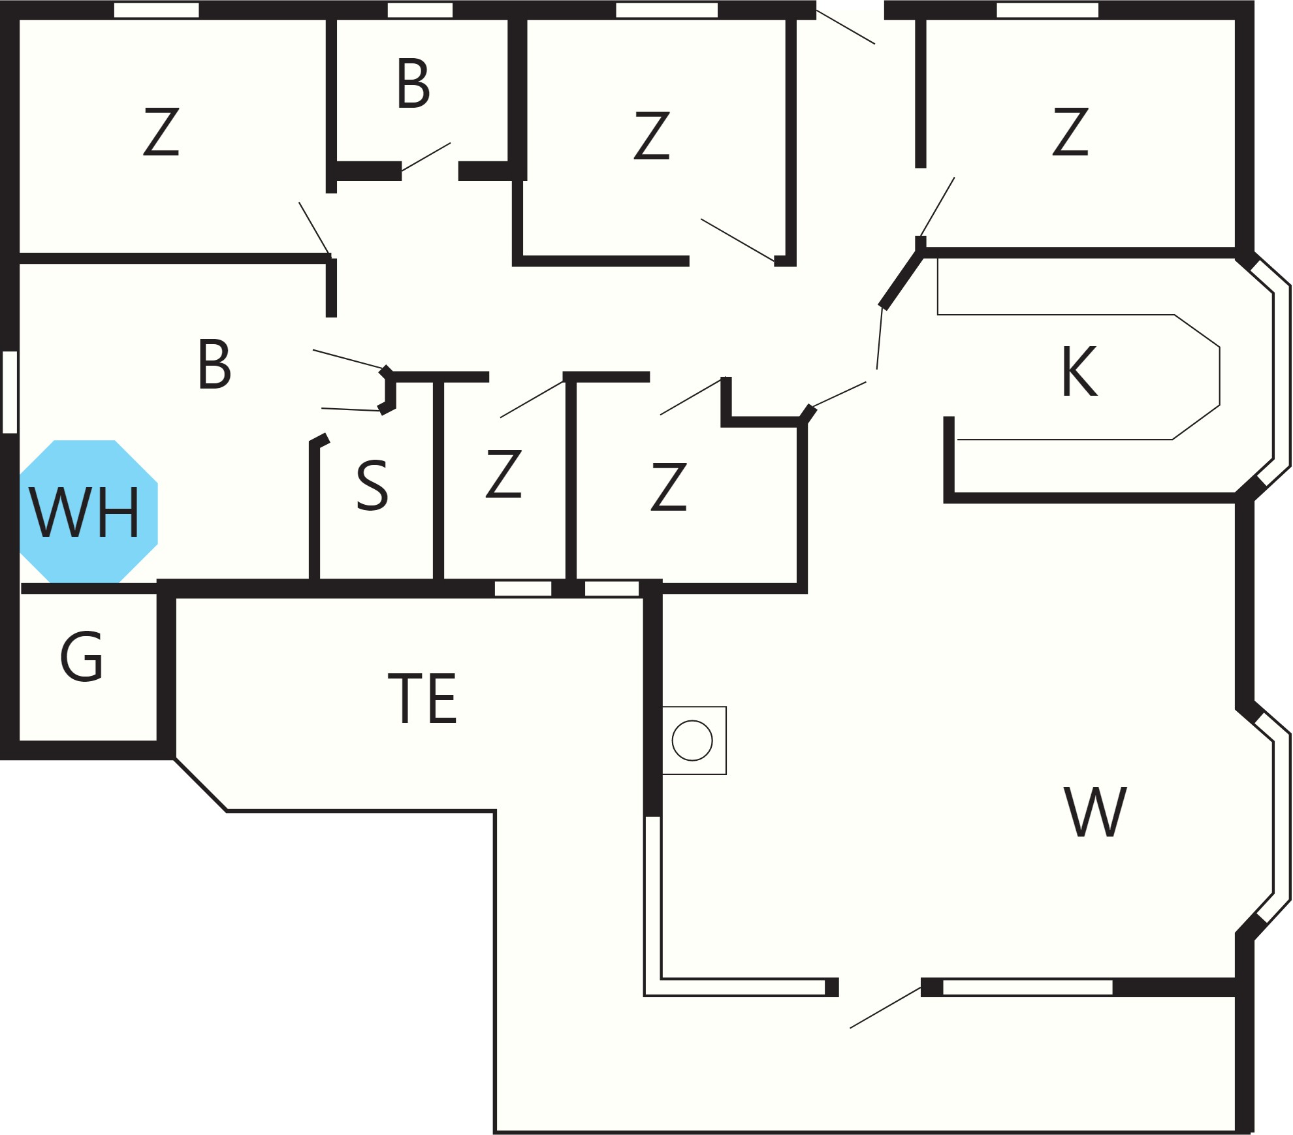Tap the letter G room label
(82, 657)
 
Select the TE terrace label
(423, 698)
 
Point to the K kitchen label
(1079, 371)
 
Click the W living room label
(1095, 812)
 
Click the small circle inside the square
(692, 741)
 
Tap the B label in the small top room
(413, 83)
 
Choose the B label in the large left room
(214, 364)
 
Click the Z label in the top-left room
(161, 131)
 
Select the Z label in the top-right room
(1070, 131)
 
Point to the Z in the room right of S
(503, 473)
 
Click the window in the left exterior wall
(10, 392)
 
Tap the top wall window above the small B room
(420, 10)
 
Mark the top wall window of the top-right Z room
(1047, 10)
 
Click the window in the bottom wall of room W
(1028, 987)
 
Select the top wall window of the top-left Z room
(156, 10)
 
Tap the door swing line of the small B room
(426, 157)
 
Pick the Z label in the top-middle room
(652, 135)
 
